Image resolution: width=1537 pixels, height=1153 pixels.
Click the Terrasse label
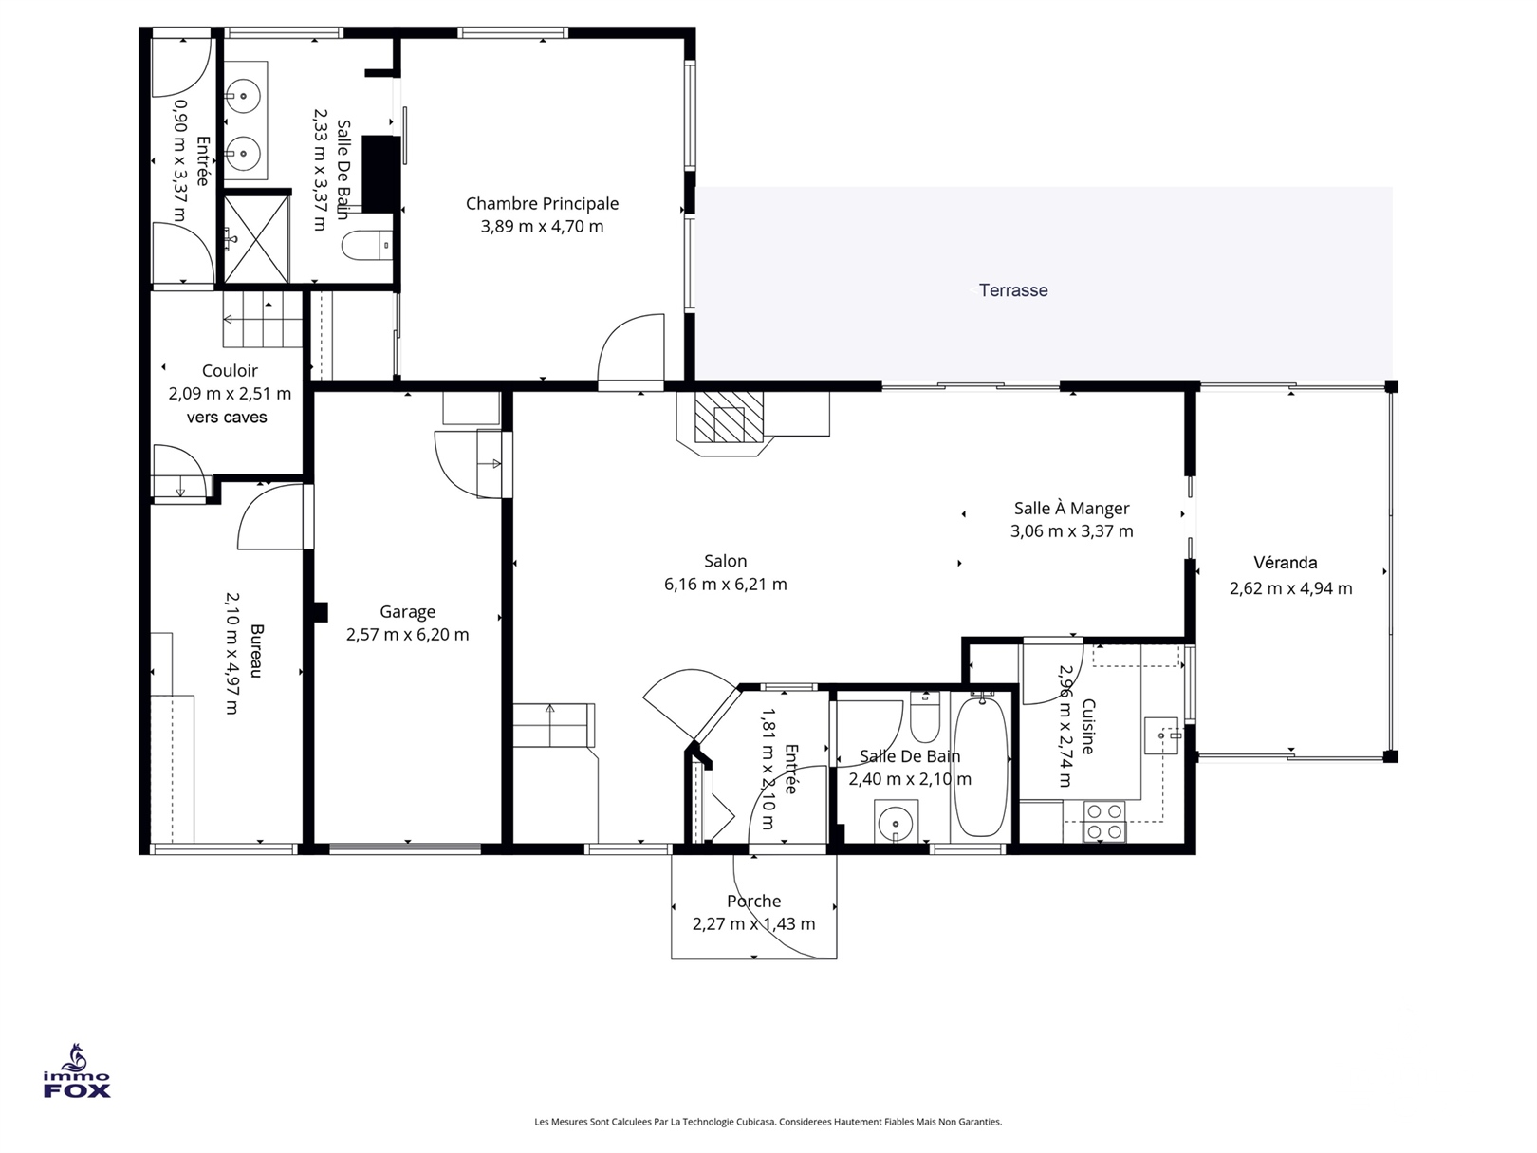1012,290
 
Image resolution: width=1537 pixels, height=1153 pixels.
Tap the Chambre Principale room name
542,204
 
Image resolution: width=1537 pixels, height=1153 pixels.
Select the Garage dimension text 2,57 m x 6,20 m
408,634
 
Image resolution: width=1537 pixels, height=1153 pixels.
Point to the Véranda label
1285,562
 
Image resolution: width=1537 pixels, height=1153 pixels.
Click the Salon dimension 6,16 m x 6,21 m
726,584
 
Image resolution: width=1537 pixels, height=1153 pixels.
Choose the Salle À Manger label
1071,508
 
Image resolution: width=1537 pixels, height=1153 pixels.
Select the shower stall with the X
255,239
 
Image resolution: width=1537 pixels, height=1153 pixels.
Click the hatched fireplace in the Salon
729,418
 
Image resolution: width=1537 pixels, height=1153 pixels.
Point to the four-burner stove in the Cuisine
1104,822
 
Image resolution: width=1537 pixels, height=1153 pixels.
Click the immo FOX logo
76,1071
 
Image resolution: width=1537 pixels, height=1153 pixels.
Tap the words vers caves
227,418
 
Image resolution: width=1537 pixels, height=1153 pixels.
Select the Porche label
753,901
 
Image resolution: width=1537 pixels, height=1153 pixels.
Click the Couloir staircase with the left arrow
263,319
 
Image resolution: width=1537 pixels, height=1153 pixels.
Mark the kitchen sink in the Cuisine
1161,735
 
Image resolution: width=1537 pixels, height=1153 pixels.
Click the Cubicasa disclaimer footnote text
768,1122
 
